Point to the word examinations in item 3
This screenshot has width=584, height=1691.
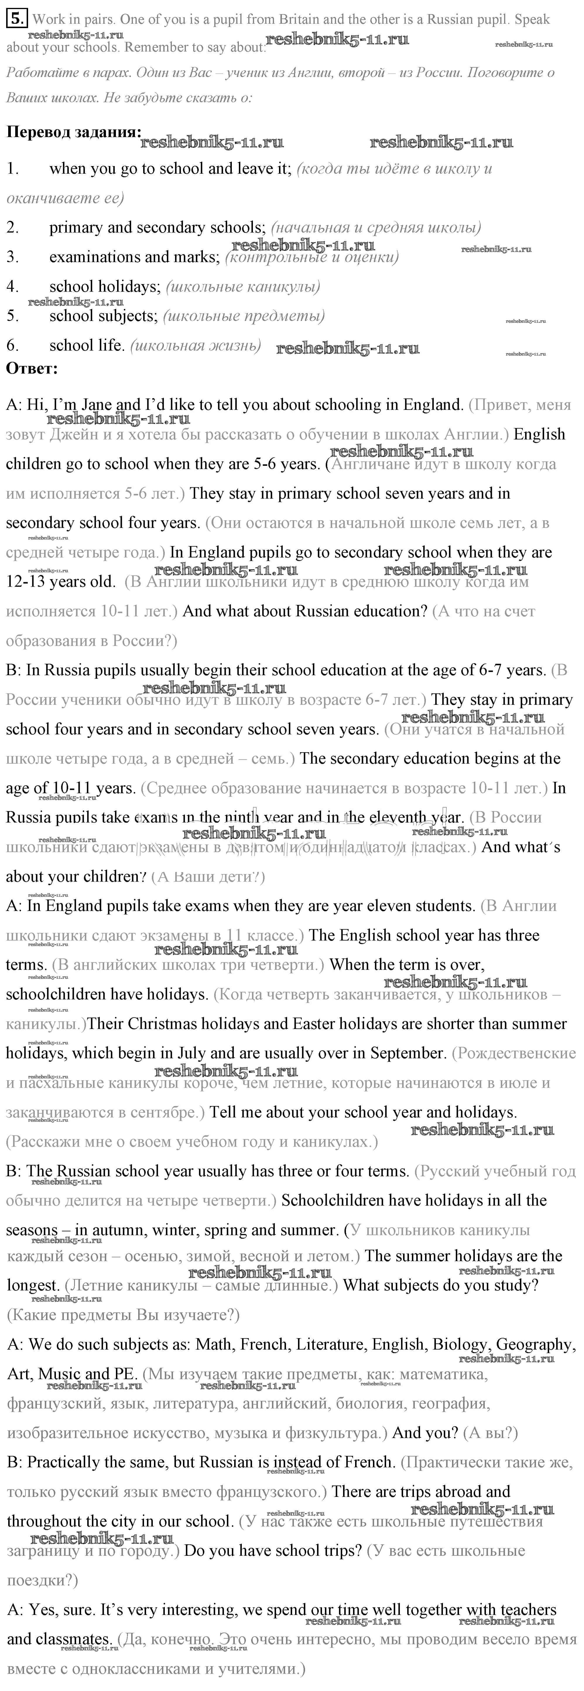tap(93, 257)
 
